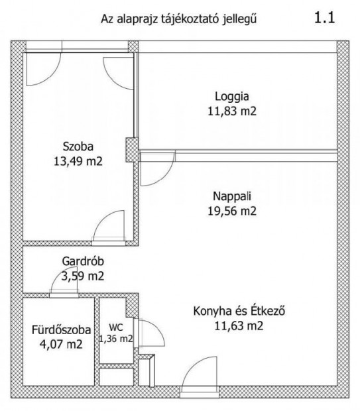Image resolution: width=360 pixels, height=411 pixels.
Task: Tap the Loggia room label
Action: pos(231,97)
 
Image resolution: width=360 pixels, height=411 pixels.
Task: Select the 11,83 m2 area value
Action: pos(231,111)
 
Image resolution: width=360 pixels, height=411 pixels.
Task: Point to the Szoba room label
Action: pos(78,146)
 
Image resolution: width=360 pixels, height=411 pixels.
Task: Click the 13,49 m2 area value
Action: pos(78,160)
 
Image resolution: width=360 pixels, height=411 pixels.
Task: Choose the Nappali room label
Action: pos(231,197)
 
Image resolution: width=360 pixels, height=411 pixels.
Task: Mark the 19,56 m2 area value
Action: pos(231,211)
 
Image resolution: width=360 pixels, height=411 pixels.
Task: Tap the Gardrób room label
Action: pos(80,262)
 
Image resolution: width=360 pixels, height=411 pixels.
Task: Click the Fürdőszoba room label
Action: pos(58,329)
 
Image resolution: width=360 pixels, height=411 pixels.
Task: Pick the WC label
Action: pos(116,327)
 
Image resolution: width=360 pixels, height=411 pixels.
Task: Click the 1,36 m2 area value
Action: pos(116,339)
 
